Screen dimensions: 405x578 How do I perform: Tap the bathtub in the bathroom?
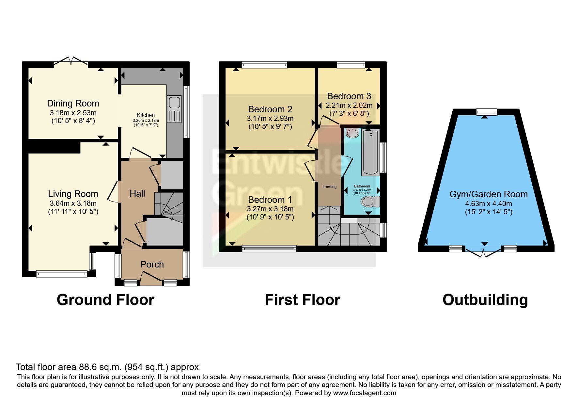(x=370, y=152)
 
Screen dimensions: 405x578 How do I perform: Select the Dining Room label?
(x=73, y=104)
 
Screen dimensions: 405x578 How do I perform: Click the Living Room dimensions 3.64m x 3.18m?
(x=73, y=203)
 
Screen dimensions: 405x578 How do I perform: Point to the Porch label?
(x=152, y=264)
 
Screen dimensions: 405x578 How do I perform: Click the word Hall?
(x=137, y=194)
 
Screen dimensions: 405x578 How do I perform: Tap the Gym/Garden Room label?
(x=488, y=194)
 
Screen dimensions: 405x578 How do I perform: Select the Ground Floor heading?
(x=105, y=300)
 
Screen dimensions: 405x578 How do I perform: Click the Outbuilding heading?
(x=485, y=300)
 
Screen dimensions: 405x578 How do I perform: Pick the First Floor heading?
(x=302, y=300)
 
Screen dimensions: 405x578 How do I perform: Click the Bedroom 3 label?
(x=349, y=96)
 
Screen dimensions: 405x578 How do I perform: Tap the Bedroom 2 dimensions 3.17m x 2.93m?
(x=270, y=118)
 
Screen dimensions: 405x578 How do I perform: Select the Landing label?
(x=329, y=187)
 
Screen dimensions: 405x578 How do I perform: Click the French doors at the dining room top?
(x=71, y=61)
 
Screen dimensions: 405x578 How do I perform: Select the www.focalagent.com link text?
(x=364, y=393)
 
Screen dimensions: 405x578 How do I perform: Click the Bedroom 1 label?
(x=270, y=200)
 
